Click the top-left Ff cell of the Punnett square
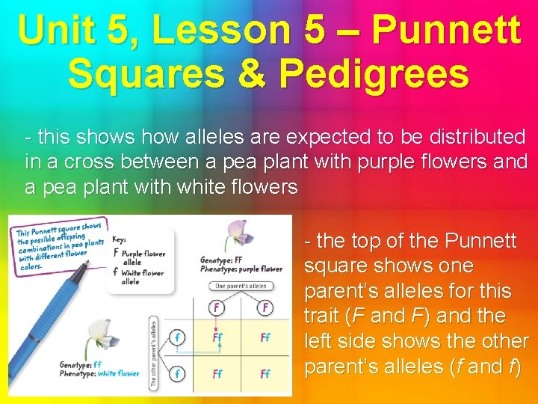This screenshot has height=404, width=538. click(x=217, y=338)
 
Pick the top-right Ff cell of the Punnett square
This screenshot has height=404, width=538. click(x=265, y=338)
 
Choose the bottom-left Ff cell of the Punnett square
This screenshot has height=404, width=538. click(x=217, y=373)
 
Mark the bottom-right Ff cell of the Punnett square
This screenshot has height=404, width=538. click(x=265, y=373)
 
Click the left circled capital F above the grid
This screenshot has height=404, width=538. click(x=217, y=307)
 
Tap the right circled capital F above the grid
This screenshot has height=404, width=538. click(x=265, y=307)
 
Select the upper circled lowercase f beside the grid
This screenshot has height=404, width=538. click(x=176, y=337)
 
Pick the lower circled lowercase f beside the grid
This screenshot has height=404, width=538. click(x=176, y=373)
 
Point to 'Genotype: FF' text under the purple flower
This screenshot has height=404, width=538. click(x=220, y=260)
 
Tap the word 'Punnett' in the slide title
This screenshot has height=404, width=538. click(x=445, y=31)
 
